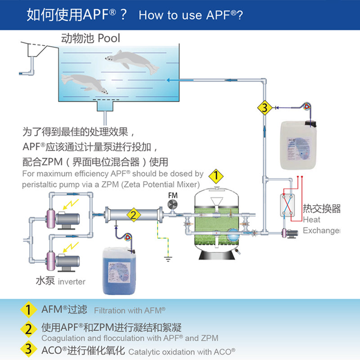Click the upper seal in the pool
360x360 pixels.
click(x=135, y=61)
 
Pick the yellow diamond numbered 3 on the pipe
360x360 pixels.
click(x=265, y=108)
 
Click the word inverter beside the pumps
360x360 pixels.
click(x=71, y=282)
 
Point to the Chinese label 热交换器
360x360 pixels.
click(x=321, y=208)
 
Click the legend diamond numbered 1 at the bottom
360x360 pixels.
click(x=28, y=310)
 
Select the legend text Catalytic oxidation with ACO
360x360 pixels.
click(x=182, y=351)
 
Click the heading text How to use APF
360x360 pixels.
click(x=191, y=15)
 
